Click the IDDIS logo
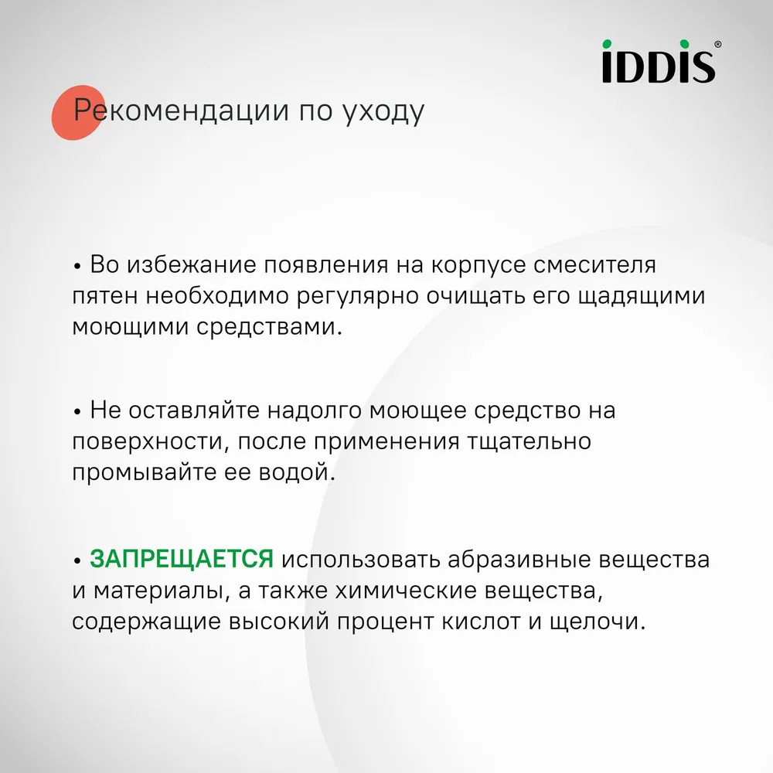659,61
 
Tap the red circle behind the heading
78,112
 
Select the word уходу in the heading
383,112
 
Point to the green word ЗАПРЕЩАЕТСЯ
182,559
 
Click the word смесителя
595,264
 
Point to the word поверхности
151,441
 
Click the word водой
298,472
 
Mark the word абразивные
519,560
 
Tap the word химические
407,590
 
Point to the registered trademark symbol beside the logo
718,44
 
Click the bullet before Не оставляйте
77,412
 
